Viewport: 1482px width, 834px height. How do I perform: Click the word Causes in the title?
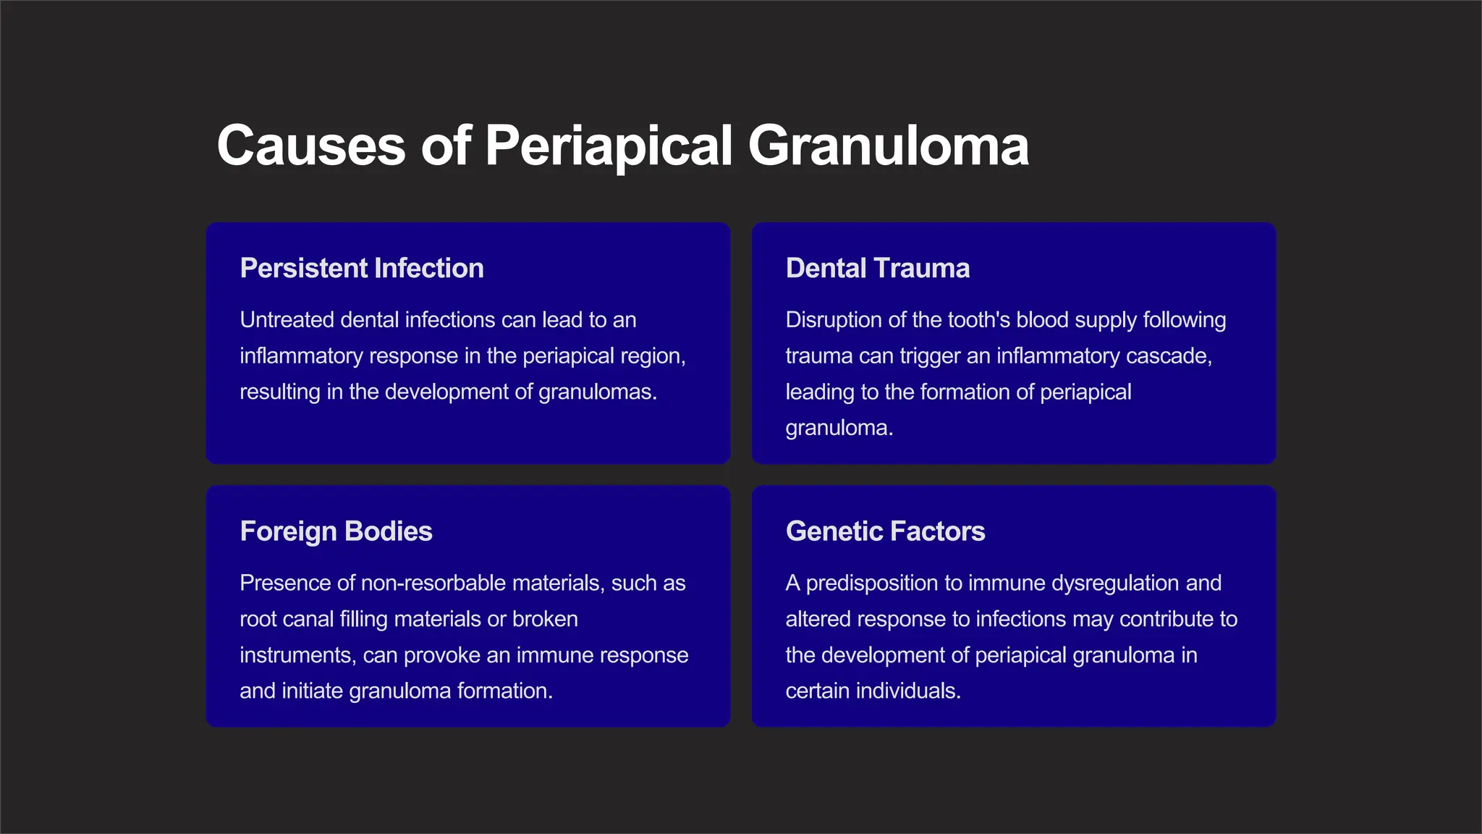(311, 146)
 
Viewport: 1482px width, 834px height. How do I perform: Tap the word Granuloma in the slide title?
(888, 146)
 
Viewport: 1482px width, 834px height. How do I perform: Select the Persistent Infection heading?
(362, 269)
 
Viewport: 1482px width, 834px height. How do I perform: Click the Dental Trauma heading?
(877, 269)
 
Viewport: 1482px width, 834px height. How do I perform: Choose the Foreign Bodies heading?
(336, 531)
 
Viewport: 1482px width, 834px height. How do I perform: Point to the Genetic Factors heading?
(885, 531)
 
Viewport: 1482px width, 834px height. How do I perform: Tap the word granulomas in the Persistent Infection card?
(597, 392)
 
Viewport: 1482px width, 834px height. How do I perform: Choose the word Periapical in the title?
(609, 146)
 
